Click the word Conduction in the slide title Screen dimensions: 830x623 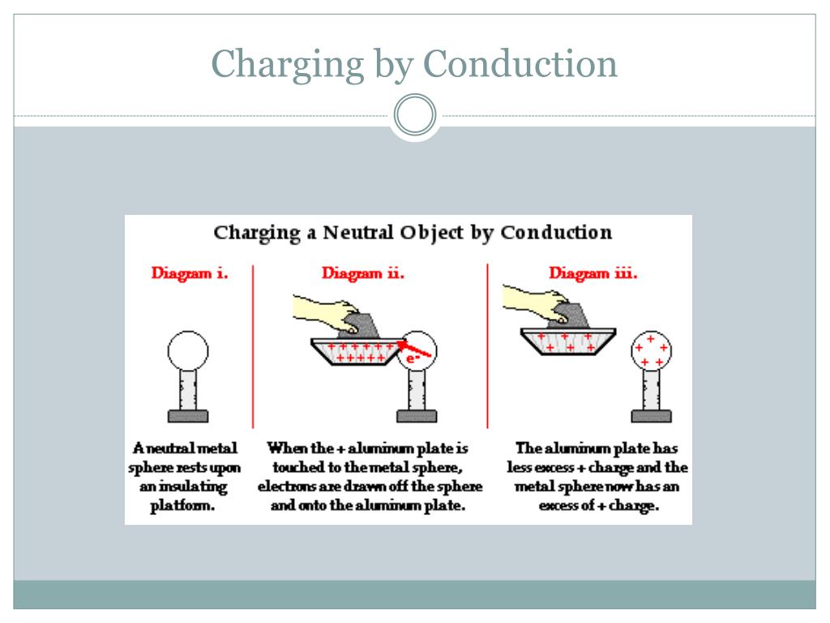pos(520,64)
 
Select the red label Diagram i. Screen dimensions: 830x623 pos(190,273)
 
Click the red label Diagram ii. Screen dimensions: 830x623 pos(362,273)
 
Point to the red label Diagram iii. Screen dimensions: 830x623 pos(593,273)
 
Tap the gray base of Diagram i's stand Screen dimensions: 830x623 pos(188,416)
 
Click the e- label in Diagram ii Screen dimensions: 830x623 pos(413,359)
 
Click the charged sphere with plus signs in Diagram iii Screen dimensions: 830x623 pos(651,350)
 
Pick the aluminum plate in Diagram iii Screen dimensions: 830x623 pos(568,342)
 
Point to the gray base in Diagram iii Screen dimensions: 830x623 pos(651,416)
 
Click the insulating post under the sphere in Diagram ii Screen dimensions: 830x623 pos(417,389)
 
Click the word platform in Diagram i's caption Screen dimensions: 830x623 pos(182,506)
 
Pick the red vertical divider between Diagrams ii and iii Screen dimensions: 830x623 pos(487,346)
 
